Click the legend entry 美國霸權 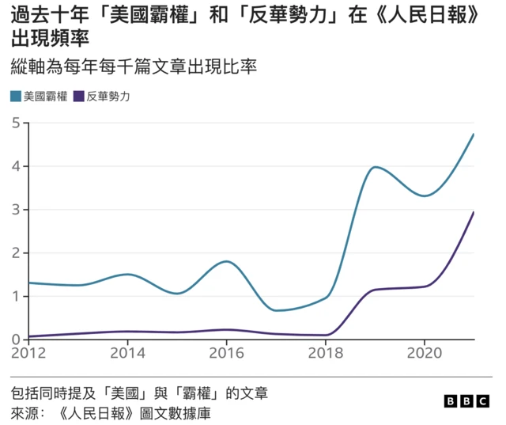tap(44, 97)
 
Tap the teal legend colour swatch tap(16, 97)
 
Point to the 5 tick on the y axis tap(16, 123)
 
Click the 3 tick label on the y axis tap(16, 210)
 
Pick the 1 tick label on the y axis tap(16, 297)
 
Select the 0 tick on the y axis tap(16, 340)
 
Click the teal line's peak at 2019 tap(375, 167)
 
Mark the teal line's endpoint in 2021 tap(474, 135)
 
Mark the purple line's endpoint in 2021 tap(474, 212)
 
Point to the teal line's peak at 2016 tap(226, 261)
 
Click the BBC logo tap(467, 401)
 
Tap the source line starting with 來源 tap(111, 413)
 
